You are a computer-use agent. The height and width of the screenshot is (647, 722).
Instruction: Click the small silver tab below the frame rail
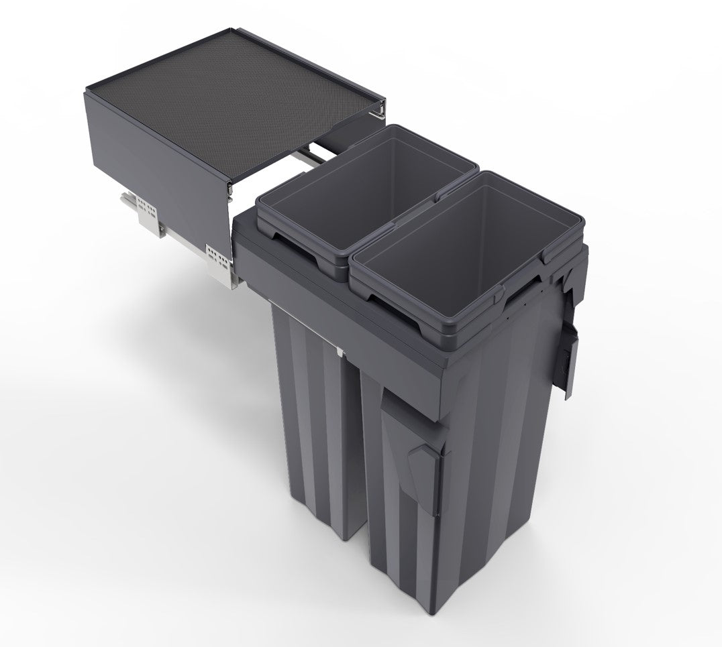(340, 350)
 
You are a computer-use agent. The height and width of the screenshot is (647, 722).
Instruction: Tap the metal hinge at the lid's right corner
(380, 107)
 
